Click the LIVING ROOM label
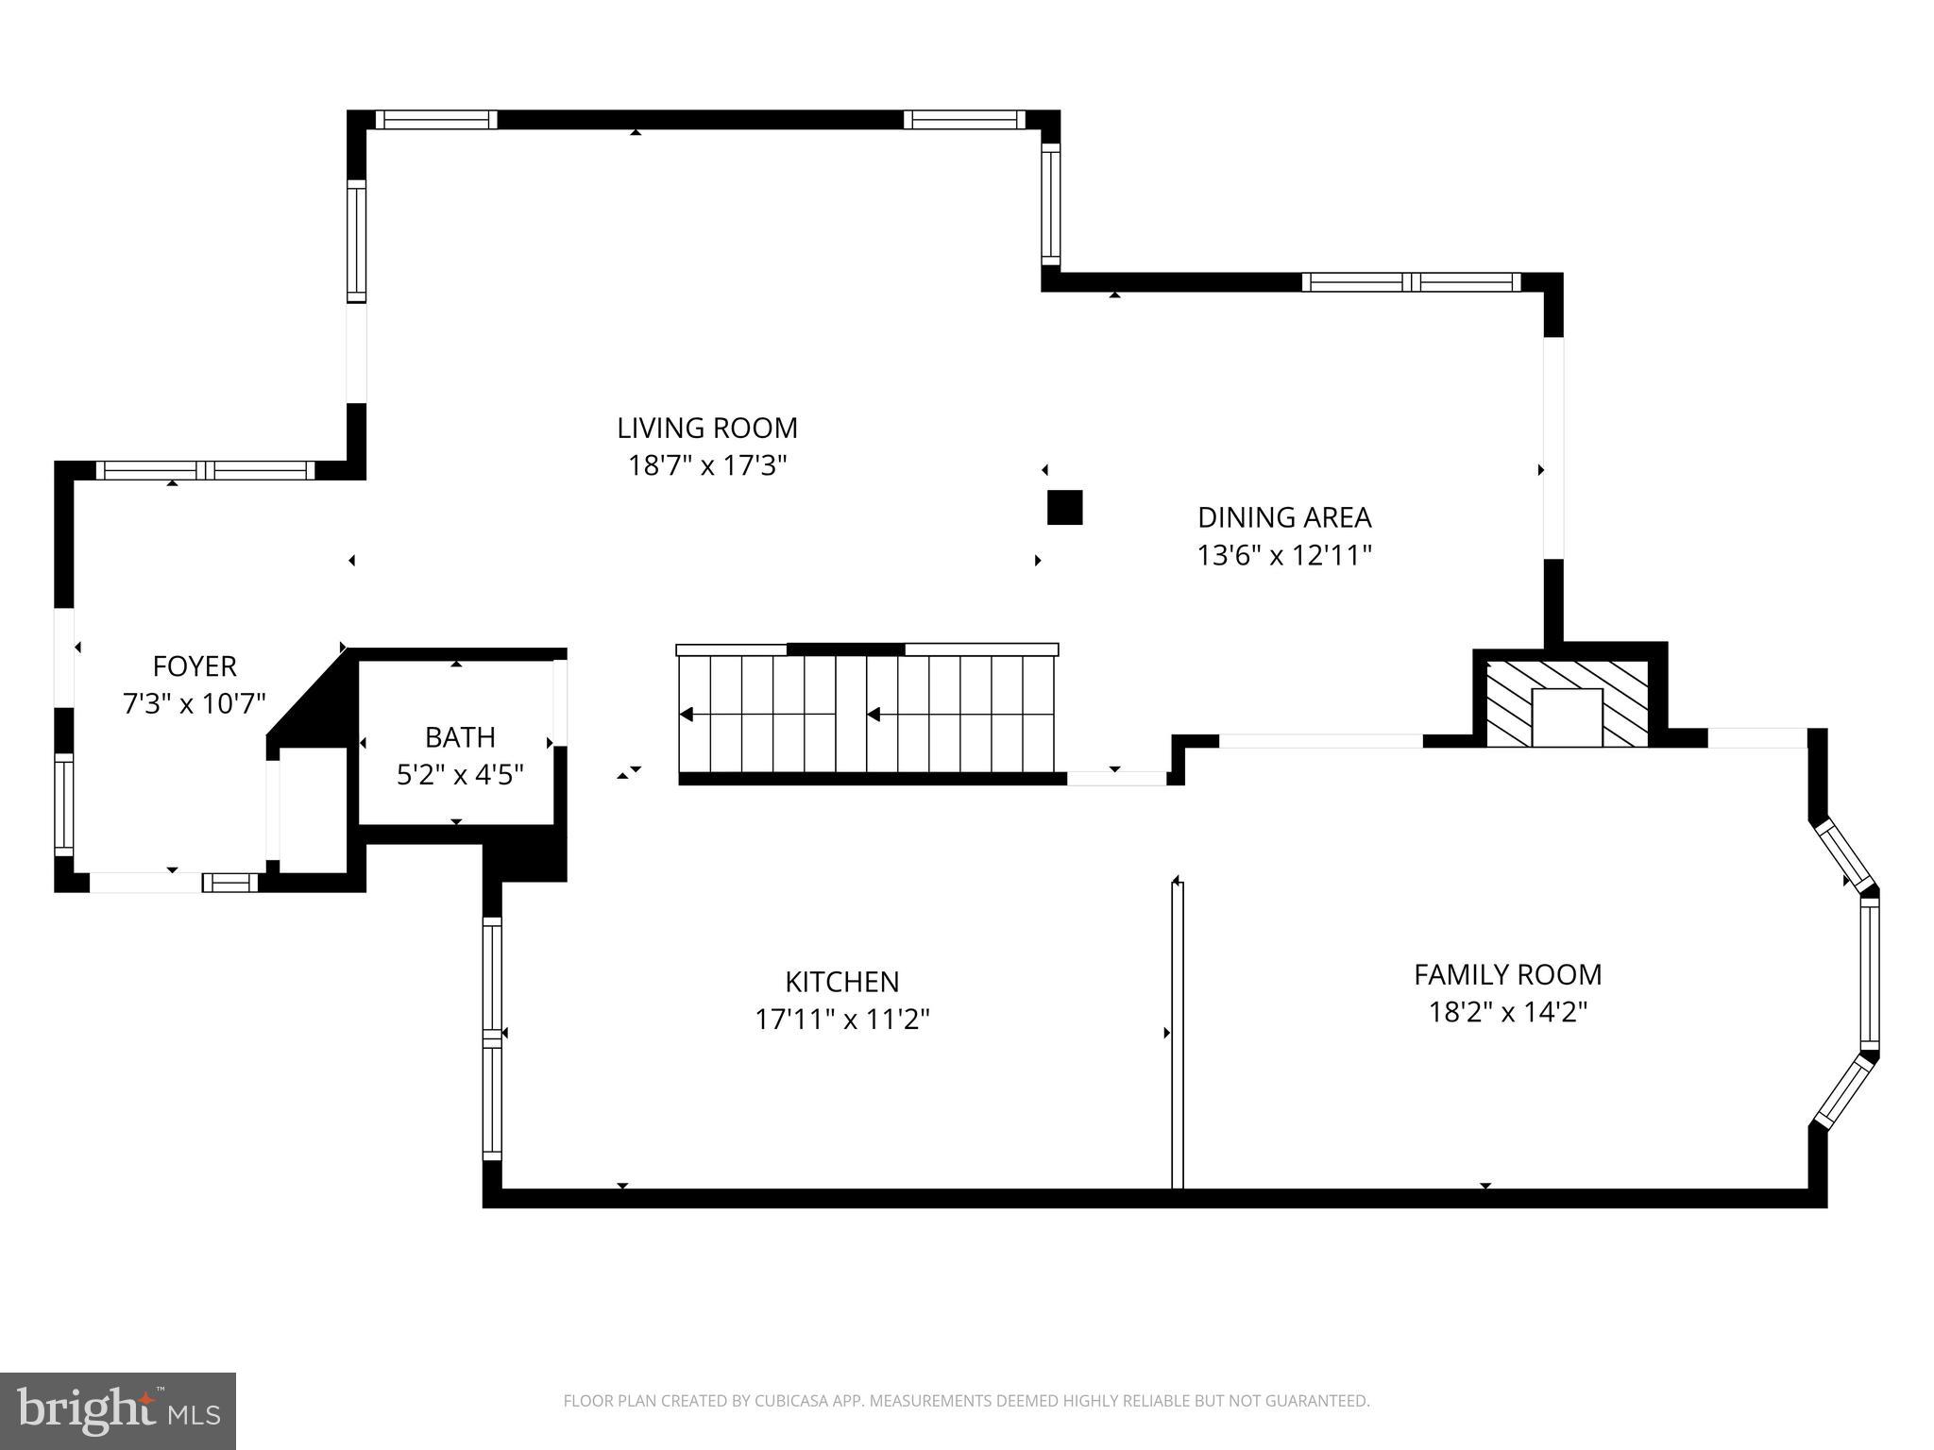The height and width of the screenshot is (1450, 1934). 707,429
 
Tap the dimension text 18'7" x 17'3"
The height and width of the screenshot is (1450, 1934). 707,466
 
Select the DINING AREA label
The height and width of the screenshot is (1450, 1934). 1284,517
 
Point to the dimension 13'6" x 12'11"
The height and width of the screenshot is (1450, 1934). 1284,555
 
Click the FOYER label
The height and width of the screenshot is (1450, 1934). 195,666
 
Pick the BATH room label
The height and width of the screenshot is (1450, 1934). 460,736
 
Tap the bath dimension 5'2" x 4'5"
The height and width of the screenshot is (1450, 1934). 460,775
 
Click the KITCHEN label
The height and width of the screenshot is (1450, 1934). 842,982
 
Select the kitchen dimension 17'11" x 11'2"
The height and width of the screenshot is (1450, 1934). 842,1020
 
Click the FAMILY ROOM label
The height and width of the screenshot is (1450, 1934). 1507,974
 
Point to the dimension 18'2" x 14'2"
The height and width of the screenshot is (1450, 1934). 1507,1013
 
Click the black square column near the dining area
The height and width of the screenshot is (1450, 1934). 1064,508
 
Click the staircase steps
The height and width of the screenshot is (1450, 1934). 867,715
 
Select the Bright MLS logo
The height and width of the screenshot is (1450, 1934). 118,1410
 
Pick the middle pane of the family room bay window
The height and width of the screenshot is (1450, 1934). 1869,973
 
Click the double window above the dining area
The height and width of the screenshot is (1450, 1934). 1411,281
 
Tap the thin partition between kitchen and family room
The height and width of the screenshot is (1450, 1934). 1177,1034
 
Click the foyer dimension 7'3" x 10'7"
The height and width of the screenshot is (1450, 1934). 195,704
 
